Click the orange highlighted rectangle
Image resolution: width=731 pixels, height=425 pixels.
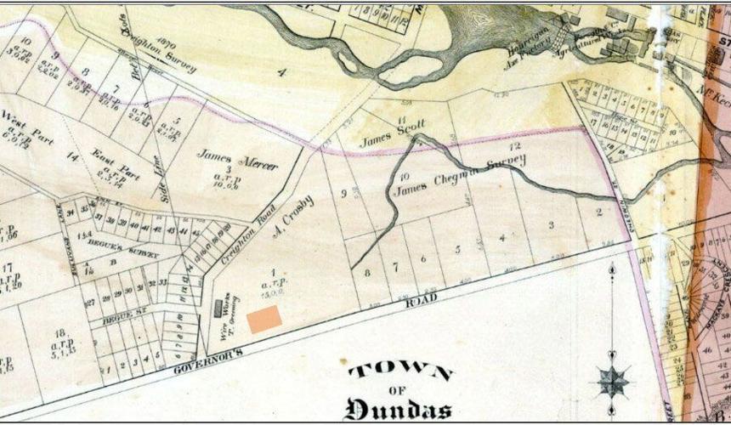[x=264, y=319]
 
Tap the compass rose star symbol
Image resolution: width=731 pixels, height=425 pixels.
[x=613, y=380]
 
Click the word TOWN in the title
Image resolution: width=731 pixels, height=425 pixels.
[x=400, y=371]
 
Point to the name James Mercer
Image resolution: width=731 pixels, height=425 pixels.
[x=238, y=159]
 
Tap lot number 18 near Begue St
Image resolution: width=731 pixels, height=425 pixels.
[x=59, y=333]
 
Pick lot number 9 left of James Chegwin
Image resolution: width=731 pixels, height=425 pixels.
[x=344, y=194]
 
